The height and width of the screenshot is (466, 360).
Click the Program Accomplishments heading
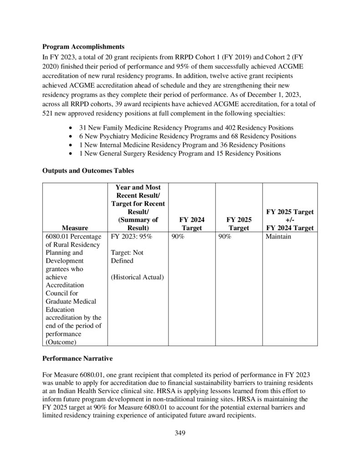point(83,46)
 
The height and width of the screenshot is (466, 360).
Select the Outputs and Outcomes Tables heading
point(88,171)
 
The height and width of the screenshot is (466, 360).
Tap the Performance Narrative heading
point(77,358)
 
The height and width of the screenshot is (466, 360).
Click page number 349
point(180,433)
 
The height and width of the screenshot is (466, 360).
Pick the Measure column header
point(75,228)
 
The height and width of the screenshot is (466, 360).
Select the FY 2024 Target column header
point(192,223)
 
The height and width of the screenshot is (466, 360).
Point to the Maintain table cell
point(279,237)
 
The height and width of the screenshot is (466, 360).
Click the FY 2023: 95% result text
point(132,237)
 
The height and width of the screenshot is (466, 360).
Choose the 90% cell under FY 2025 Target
point(224,237)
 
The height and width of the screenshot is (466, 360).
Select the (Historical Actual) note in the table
point(137,277)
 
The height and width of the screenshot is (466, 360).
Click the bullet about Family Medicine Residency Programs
point(186,128)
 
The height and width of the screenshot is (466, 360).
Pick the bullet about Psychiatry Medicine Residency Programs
point(188,137)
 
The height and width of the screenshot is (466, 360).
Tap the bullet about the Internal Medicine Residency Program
point(182,145)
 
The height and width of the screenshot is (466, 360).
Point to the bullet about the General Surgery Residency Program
point(180,153)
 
